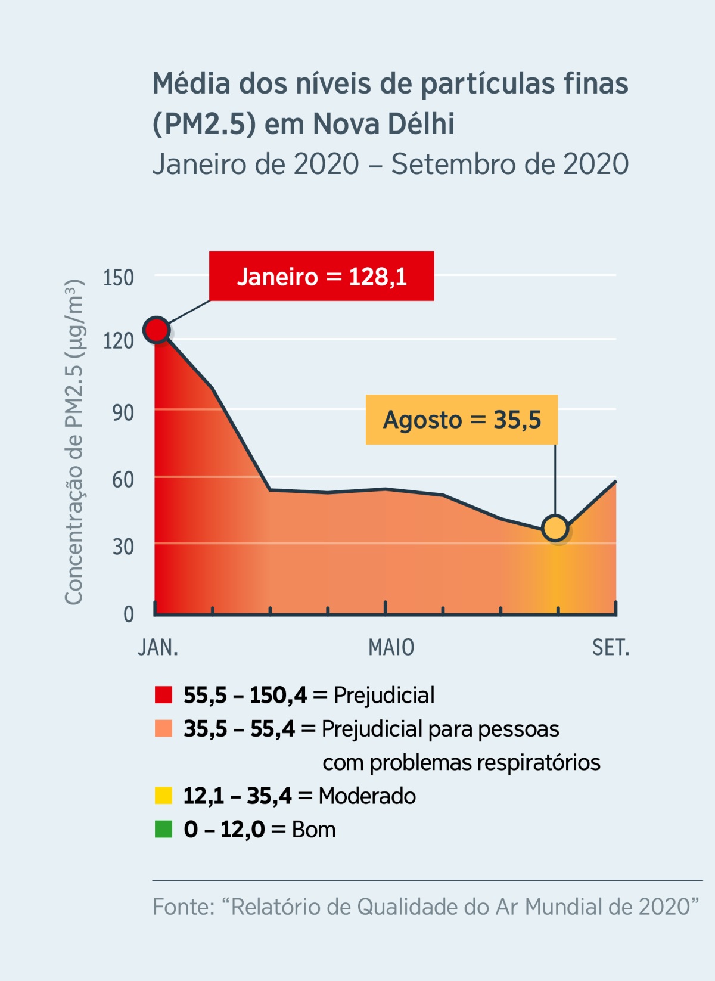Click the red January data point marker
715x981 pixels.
157,330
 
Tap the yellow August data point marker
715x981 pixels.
555,528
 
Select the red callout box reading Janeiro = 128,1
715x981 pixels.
321,276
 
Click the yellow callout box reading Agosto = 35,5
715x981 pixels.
461,420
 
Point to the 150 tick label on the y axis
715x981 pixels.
118,278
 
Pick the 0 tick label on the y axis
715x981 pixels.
128,614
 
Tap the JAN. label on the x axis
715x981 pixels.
158,647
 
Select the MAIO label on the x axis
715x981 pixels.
391,647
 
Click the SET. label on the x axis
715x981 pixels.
611,647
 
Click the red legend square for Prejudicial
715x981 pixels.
163,695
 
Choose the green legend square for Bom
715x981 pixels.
163,829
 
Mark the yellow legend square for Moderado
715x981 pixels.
163,796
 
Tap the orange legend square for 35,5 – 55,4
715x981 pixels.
163,728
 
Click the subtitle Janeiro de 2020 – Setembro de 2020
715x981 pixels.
390,164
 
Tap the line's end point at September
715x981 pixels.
615,482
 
